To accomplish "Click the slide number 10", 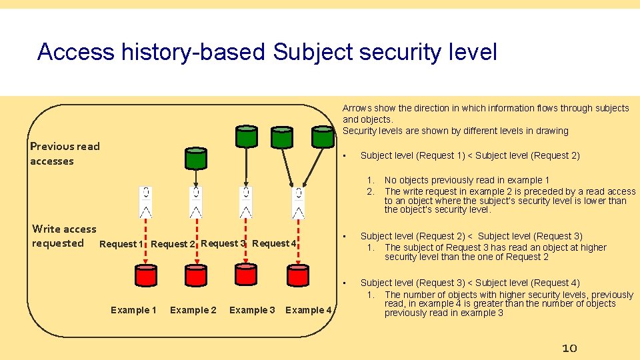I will [569, 348].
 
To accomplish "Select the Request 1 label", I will [121, 244].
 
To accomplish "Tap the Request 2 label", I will [173, 244].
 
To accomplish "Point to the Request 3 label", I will [223, 243].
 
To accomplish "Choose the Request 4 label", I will [275, 243].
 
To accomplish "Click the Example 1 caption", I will [133, 310].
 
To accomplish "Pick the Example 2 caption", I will [193, 310].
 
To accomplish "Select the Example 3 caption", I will [252, 310].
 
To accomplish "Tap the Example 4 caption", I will [308, 310].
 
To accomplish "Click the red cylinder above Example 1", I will [145, 275].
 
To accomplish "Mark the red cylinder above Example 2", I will [196, 275].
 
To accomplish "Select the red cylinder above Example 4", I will [297, 275].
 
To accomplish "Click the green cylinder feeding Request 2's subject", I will [196, 158].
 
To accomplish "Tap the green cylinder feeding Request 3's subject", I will [247, 136].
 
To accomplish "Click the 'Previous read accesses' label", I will [65, 153].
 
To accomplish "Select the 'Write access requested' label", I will [63, 236].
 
